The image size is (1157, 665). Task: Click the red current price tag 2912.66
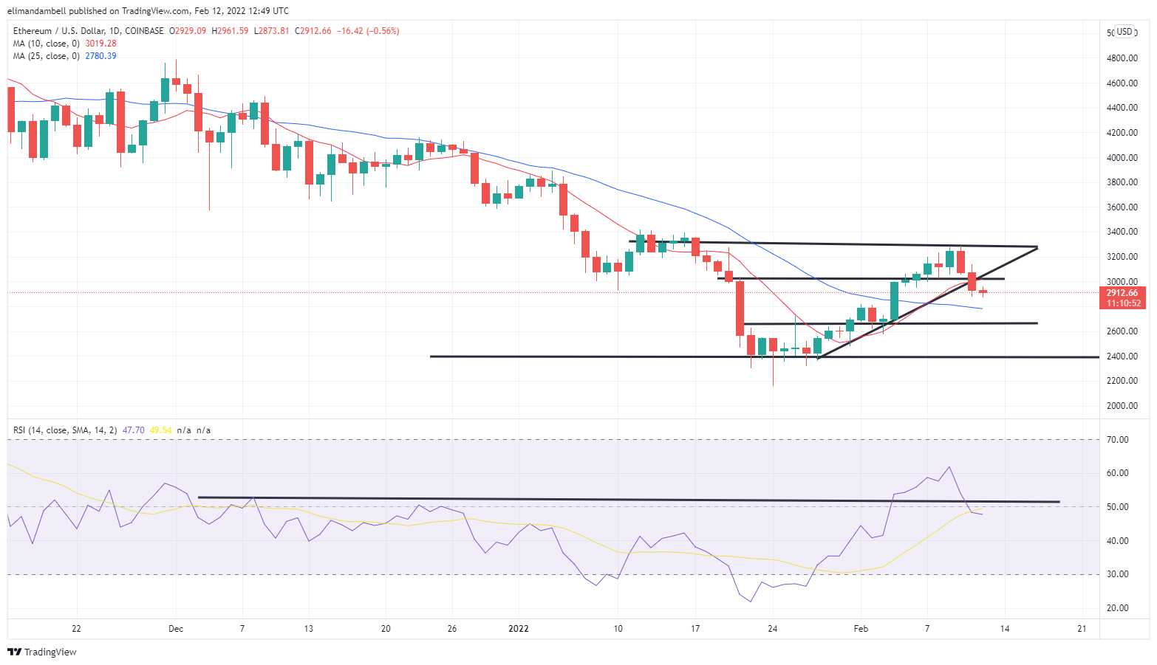tap(1122, 293)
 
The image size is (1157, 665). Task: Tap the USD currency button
tap(1124, 32)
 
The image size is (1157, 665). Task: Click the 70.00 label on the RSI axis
tap(1119, 440)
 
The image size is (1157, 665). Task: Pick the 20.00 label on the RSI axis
tap(1119, 608)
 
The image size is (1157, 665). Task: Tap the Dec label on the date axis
tap(176, 629)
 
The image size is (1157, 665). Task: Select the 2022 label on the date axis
tap(519, 629)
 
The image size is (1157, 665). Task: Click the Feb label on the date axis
tap(861, 629)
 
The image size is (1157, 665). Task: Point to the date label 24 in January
tap(773, 629)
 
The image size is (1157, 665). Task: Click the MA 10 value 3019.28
tap(100, 44)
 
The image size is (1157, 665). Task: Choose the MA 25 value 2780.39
tap(100, 56)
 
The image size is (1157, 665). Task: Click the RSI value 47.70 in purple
tap(133, 430)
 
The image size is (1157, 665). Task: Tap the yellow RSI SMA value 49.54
tap(160, 430)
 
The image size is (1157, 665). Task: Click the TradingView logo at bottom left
tap(42, 652)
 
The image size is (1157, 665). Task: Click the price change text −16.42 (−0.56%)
tap(368, 31)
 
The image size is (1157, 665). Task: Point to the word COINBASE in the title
tap(145, 31)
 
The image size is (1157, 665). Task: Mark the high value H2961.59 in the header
tap(230, 31)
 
